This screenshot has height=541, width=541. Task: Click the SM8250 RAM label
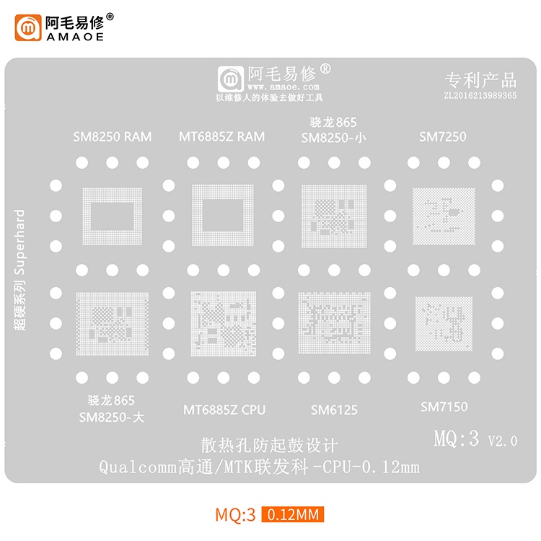click(112, 136)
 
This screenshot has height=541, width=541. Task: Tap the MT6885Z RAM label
click(221, 136)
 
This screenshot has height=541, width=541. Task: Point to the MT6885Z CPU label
click(224, 410)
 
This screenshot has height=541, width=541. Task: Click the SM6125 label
click(334, 410)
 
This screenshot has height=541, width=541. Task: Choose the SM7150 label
click(444, 407)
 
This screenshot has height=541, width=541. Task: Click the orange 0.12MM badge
click(293, 515)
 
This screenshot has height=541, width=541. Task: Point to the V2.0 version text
click(503, 441)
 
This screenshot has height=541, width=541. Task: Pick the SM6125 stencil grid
click(334, 322)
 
